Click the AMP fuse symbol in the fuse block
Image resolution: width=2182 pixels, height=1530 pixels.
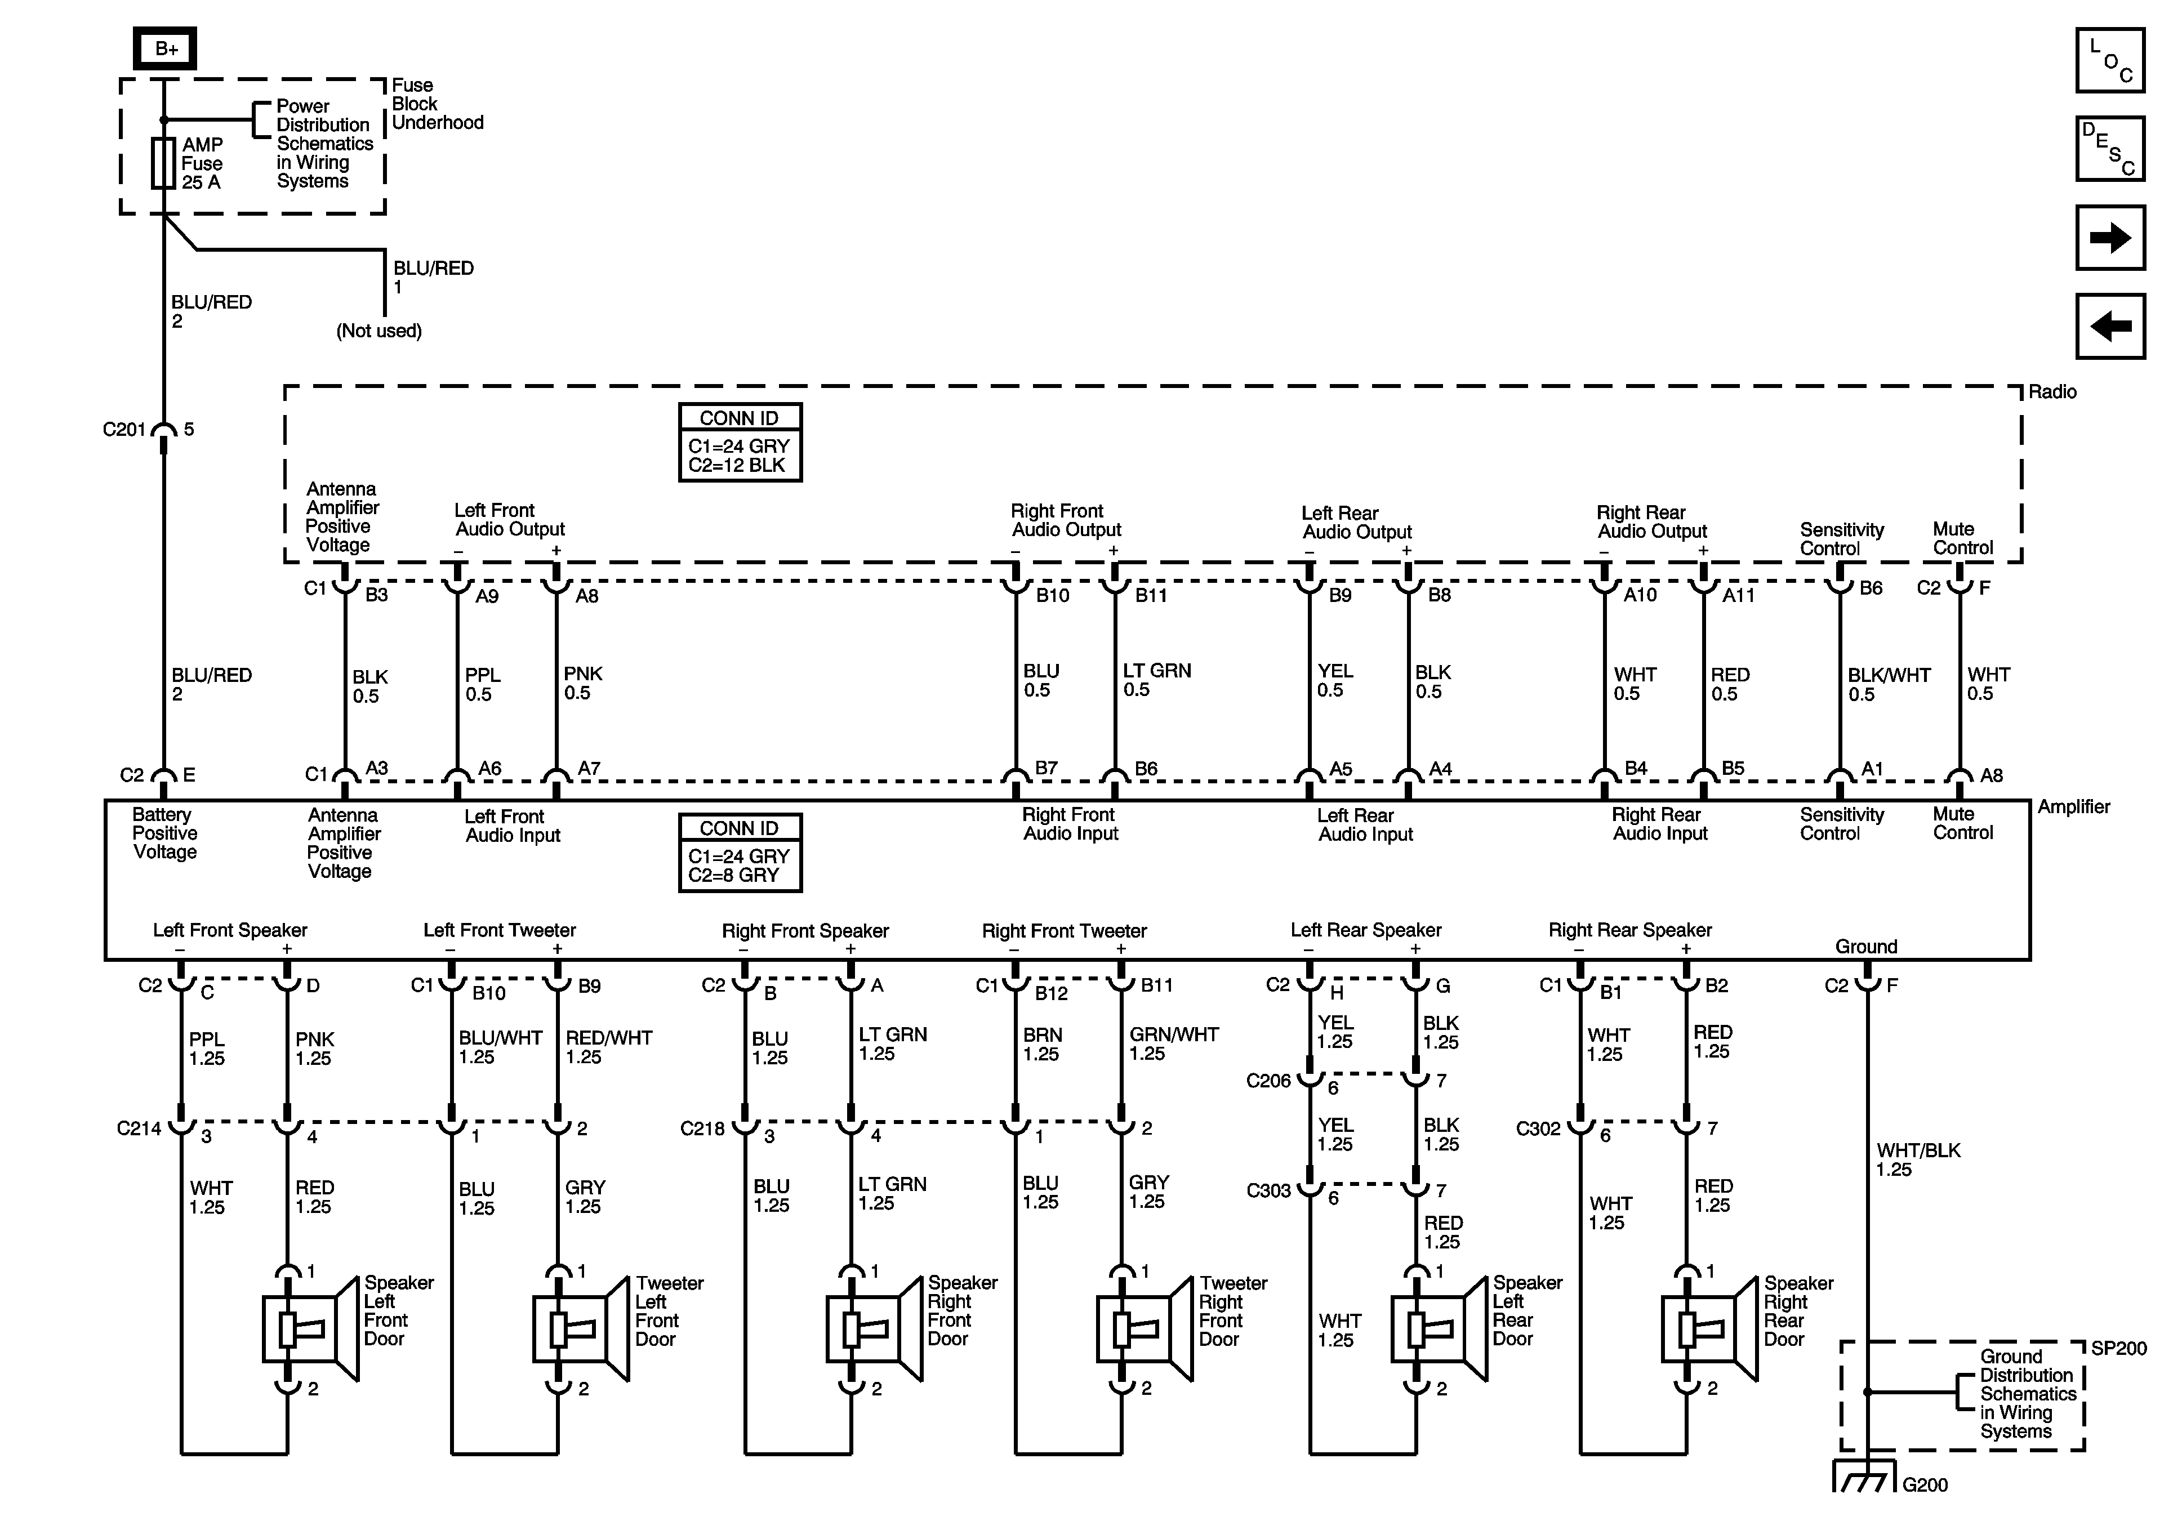[163, 163]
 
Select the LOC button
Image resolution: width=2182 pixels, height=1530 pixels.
[2110, 61]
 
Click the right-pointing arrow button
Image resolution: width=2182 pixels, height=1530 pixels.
[2110, 238]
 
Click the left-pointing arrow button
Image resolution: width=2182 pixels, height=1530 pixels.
[2110, 326]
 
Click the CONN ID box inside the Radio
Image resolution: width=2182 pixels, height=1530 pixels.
[740, 443]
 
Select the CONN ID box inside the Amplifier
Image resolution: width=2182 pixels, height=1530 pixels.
[740, 853]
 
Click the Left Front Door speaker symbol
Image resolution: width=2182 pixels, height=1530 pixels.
[309, 1328]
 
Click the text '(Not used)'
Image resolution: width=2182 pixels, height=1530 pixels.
[378, 331]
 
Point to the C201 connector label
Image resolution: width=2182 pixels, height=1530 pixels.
[123, 430]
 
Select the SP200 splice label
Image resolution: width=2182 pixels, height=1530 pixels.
[2118, 1349]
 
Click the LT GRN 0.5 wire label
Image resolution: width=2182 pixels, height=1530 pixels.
[1156, 680]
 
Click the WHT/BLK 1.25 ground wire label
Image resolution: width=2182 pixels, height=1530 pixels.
[1917, 1159]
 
